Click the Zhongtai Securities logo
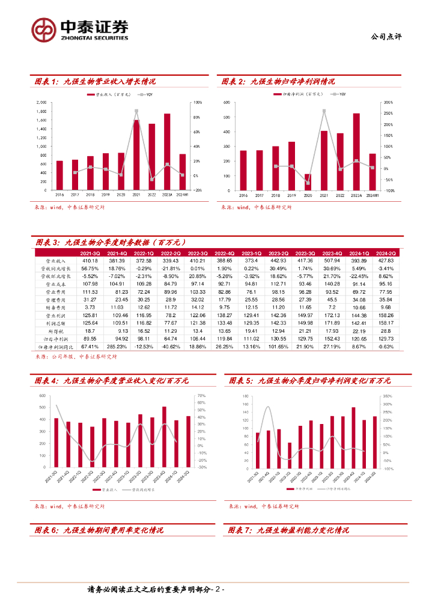(79, 29)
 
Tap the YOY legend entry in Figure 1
(144, 95)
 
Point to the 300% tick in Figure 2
(388, 103)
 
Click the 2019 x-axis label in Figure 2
(291, 195)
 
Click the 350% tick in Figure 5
(388, 396)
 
